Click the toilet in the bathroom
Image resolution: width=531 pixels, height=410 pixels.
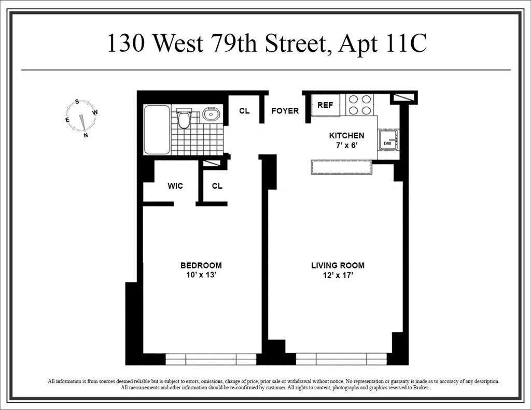pyautogui.click(x=184, y=119)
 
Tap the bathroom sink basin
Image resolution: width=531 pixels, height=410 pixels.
pyautogui.click(x=212, y=114)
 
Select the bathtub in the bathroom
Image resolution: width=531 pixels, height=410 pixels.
pyautogui.click(x=157, y=130)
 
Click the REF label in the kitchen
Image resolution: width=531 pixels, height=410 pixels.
pyautogui.click(x=325, y=105)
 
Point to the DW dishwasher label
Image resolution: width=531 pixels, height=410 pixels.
pyautogui.click(x=387, y=144)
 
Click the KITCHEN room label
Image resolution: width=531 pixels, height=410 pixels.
pyautogui.click(x=347, y=135)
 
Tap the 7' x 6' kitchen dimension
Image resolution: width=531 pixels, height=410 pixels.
pyautogui.click(x=347, y=146)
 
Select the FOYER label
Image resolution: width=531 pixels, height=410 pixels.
pyautogui.click(x=285, y=111)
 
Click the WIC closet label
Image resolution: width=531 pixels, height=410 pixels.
pyautogui.click(x=175, y=186)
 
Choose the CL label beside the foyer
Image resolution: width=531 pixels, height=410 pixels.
pyautogui.click(x=244, y=111)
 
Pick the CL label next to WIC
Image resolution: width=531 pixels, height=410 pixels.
pyautogui.click(x=217, y=186)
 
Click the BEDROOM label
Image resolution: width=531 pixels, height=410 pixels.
pyautogui.click(x=201, y=265)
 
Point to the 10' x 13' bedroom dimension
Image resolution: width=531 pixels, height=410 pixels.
pyautogui.click(x=201, y=275)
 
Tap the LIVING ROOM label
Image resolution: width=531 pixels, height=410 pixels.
pyautogui.click(x=338, y=265)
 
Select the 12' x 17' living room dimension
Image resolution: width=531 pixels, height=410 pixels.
pyautogui.click(x=338, y=275)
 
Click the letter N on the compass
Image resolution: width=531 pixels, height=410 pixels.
pyautogui.click(x=86, y=135)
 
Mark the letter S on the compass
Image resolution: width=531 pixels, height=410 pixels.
pyautogui.click(x=77, y=102)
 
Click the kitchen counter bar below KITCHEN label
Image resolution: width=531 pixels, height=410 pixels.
pyautogui.click(x=341, y=167)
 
